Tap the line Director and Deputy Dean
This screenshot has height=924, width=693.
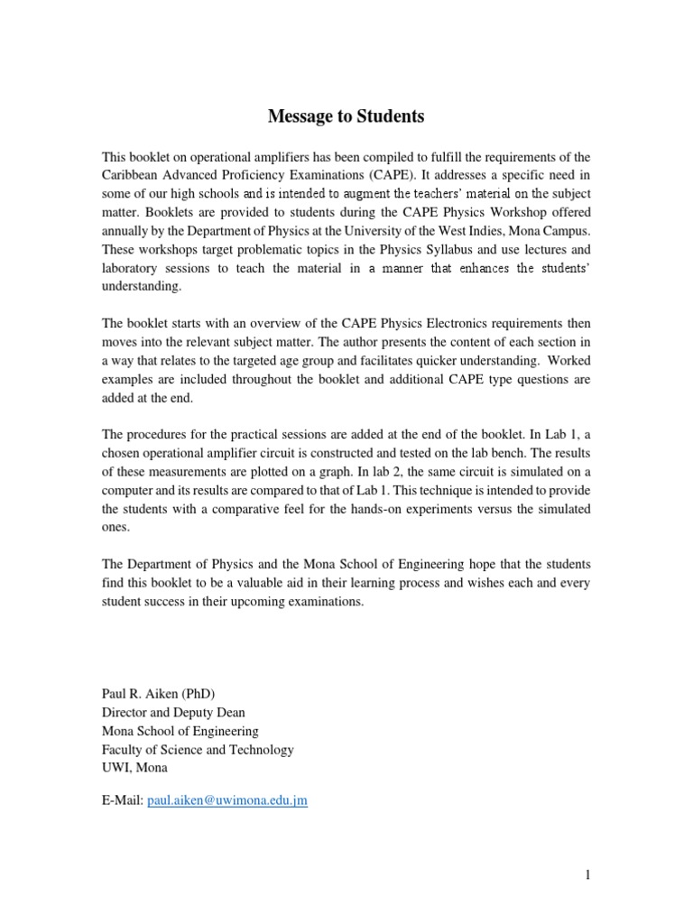(173, 712)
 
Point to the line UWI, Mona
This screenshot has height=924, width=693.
(134, 768)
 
